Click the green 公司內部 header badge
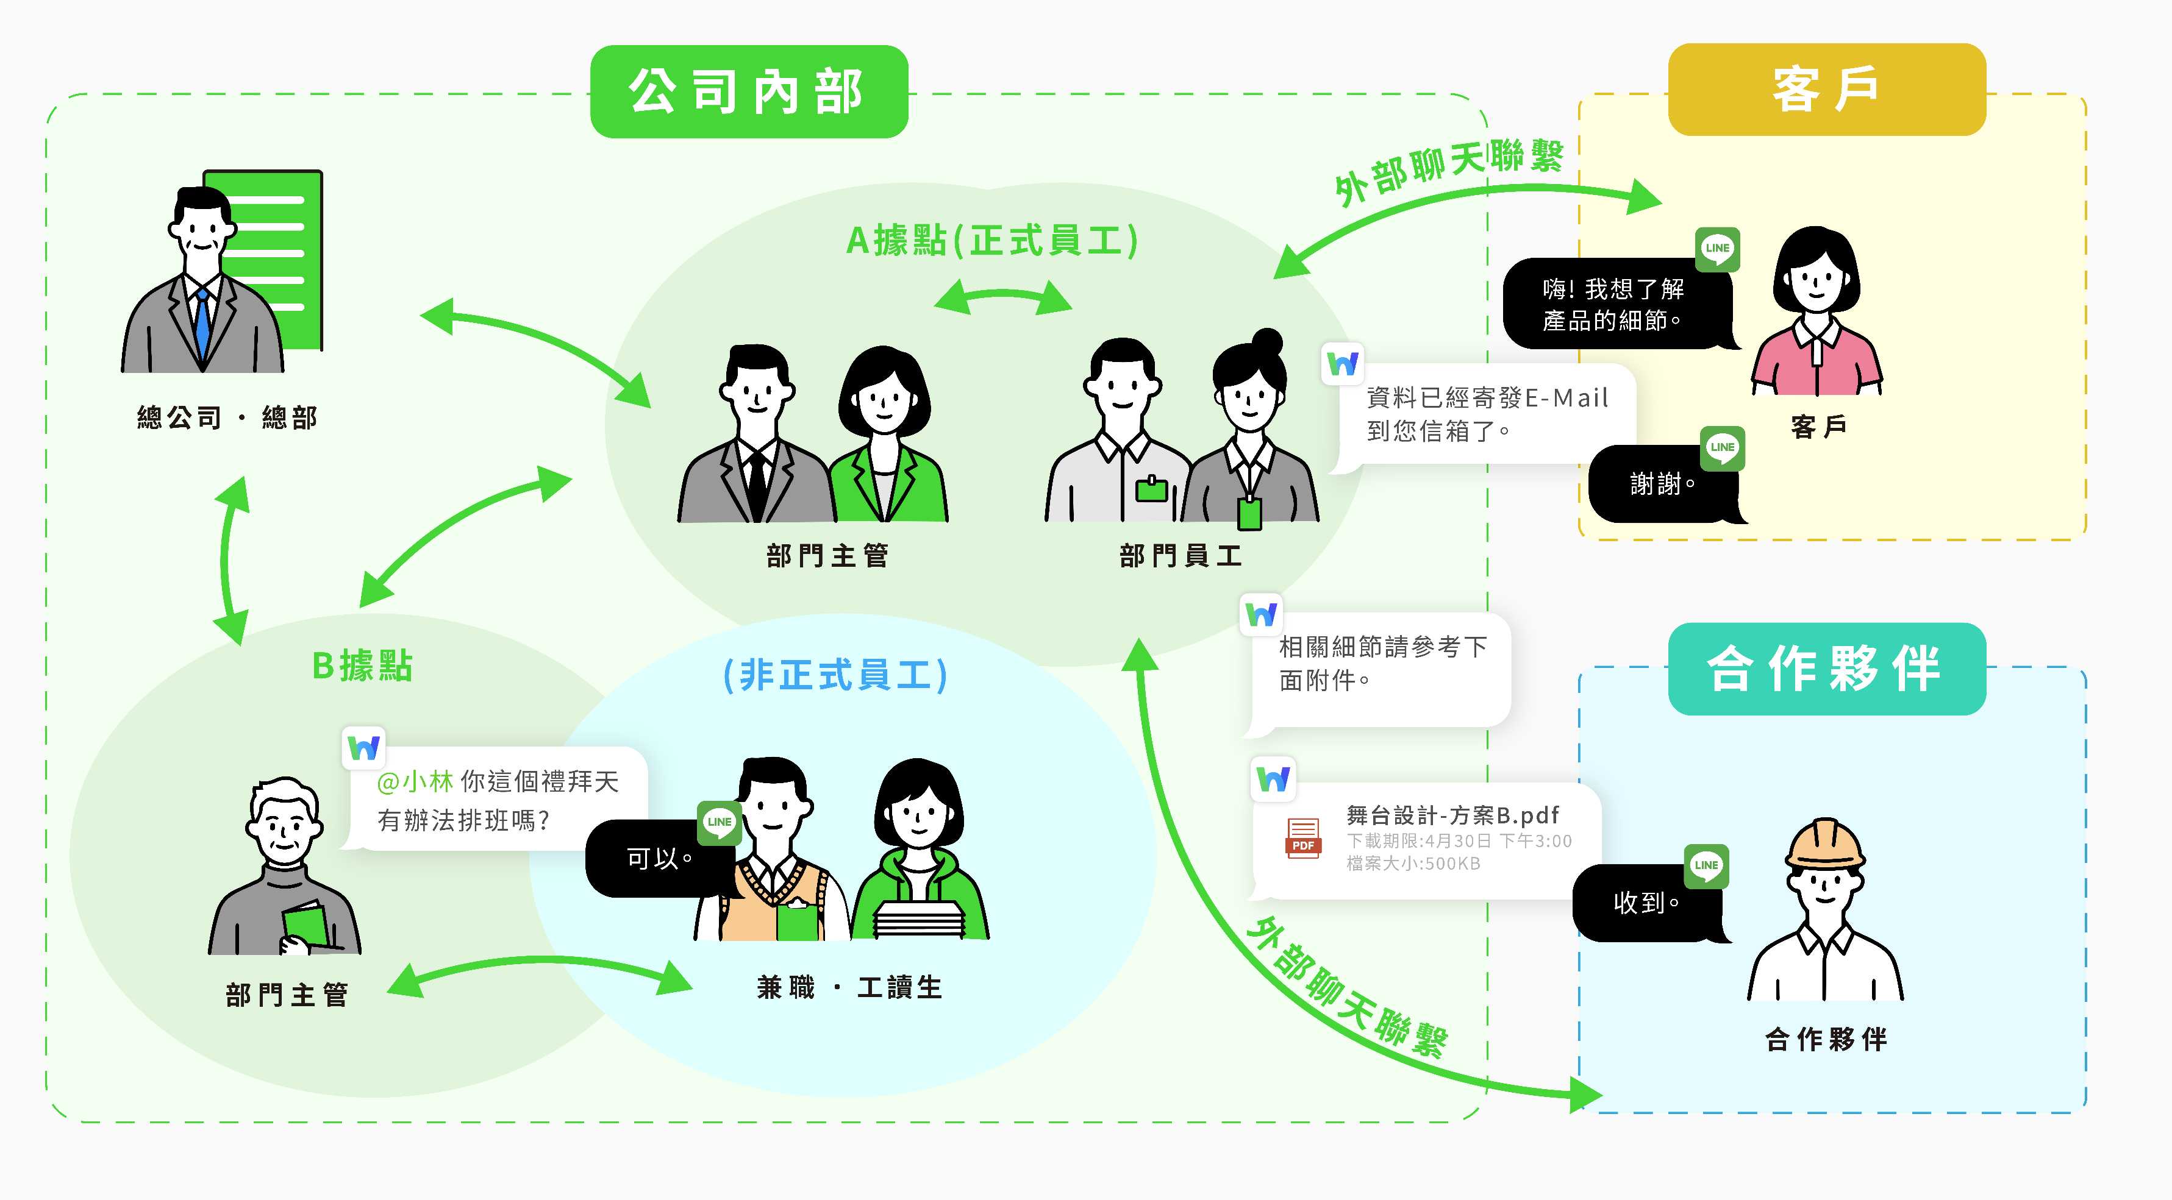[x=749, y=91]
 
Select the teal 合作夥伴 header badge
[x=1826, y=669]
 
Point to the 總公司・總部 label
[x=227, y=417]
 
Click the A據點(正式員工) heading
[x=993, y=240]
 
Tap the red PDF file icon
[x=1302, y=839]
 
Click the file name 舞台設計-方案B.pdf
[x=1452, y=815]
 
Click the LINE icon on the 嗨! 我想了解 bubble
[x=1717, y=249]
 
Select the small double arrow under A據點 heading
[x=1002, y=297]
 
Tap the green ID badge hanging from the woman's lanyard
[x=1249, y=513]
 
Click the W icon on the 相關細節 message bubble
[x=1262, y=614]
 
